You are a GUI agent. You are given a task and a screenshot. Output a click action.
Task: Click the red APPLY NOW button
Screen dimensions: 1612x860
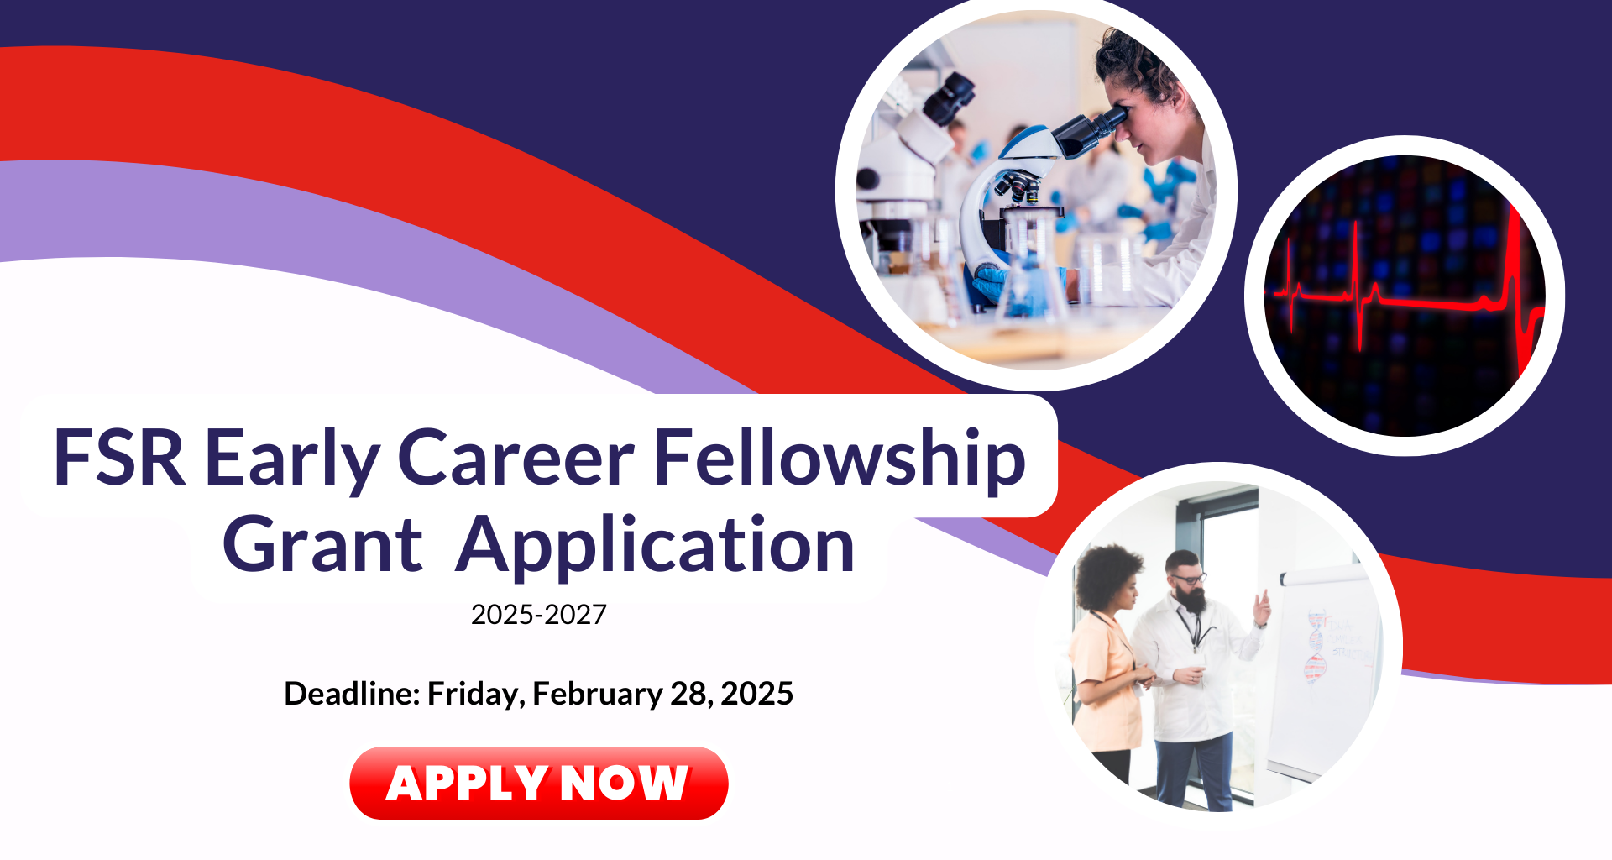point(538,783)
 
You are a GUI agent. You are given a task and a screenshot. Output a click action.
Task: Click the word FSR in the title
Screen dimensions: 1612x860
point(119,458)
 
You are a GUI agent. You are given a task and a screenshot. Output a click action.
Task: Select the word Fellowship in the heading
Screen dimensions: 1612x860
point(839,460)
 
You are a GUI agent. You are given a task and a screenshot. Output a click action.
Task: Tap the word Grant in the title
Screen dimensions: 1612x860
point(322,545)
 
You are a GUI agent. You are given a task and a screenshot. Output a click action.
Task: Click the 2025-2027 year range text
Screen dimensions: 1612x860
point(539,615)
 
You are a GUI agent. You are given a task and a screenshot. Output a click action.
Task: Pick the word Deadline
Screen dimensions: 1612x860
point(352,694)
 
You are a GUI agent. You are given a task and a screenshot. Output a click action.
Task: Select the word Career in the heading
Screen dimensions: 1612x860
point(516,459)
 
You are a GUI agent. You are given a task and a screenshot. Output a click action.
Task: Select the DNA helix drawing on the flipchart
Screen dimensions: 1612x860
point(1315,648)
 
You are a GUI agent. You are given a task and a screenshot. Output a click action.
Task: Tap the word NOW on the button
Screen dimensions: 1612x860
point(624,783)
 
